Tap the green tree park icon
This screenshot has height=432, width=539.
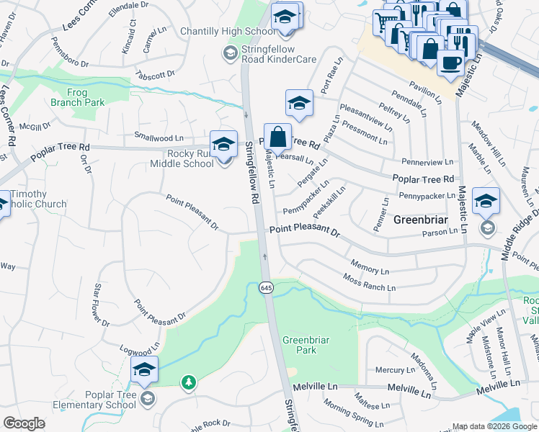click(x=189, y=382)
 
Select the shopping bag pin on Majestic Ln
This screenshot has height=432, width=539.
click(x=277, y=137)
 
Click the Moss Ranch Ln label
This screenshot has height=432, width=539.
click(x=369, y=283)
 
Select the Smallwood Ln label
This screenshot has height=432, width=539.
click(x=159, y=137)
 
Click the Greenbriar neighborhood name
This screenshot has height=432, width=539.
click(x=422, y=220)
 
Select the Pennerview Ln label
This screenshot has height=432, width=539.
click(x=428, y=163)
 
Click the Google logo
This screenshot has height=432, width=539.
click(x=24, y=423)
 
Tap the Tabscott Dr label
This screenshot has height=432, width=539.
click(x=152, y=74)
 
